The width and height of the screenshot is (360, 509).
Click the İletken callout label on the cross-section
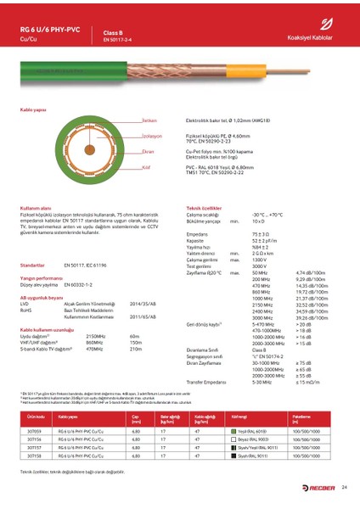[x=125, y=121]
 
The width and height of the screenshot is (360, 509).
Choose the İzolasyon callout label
[x=127, y=136]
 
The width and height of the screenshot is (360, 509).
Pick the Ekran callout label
[x=124, y=150]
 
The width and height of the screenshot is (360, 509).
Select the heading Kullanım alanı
[x=37, y=207]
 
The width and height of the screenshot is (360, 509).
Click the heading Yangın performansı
[x=41, y=278]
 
